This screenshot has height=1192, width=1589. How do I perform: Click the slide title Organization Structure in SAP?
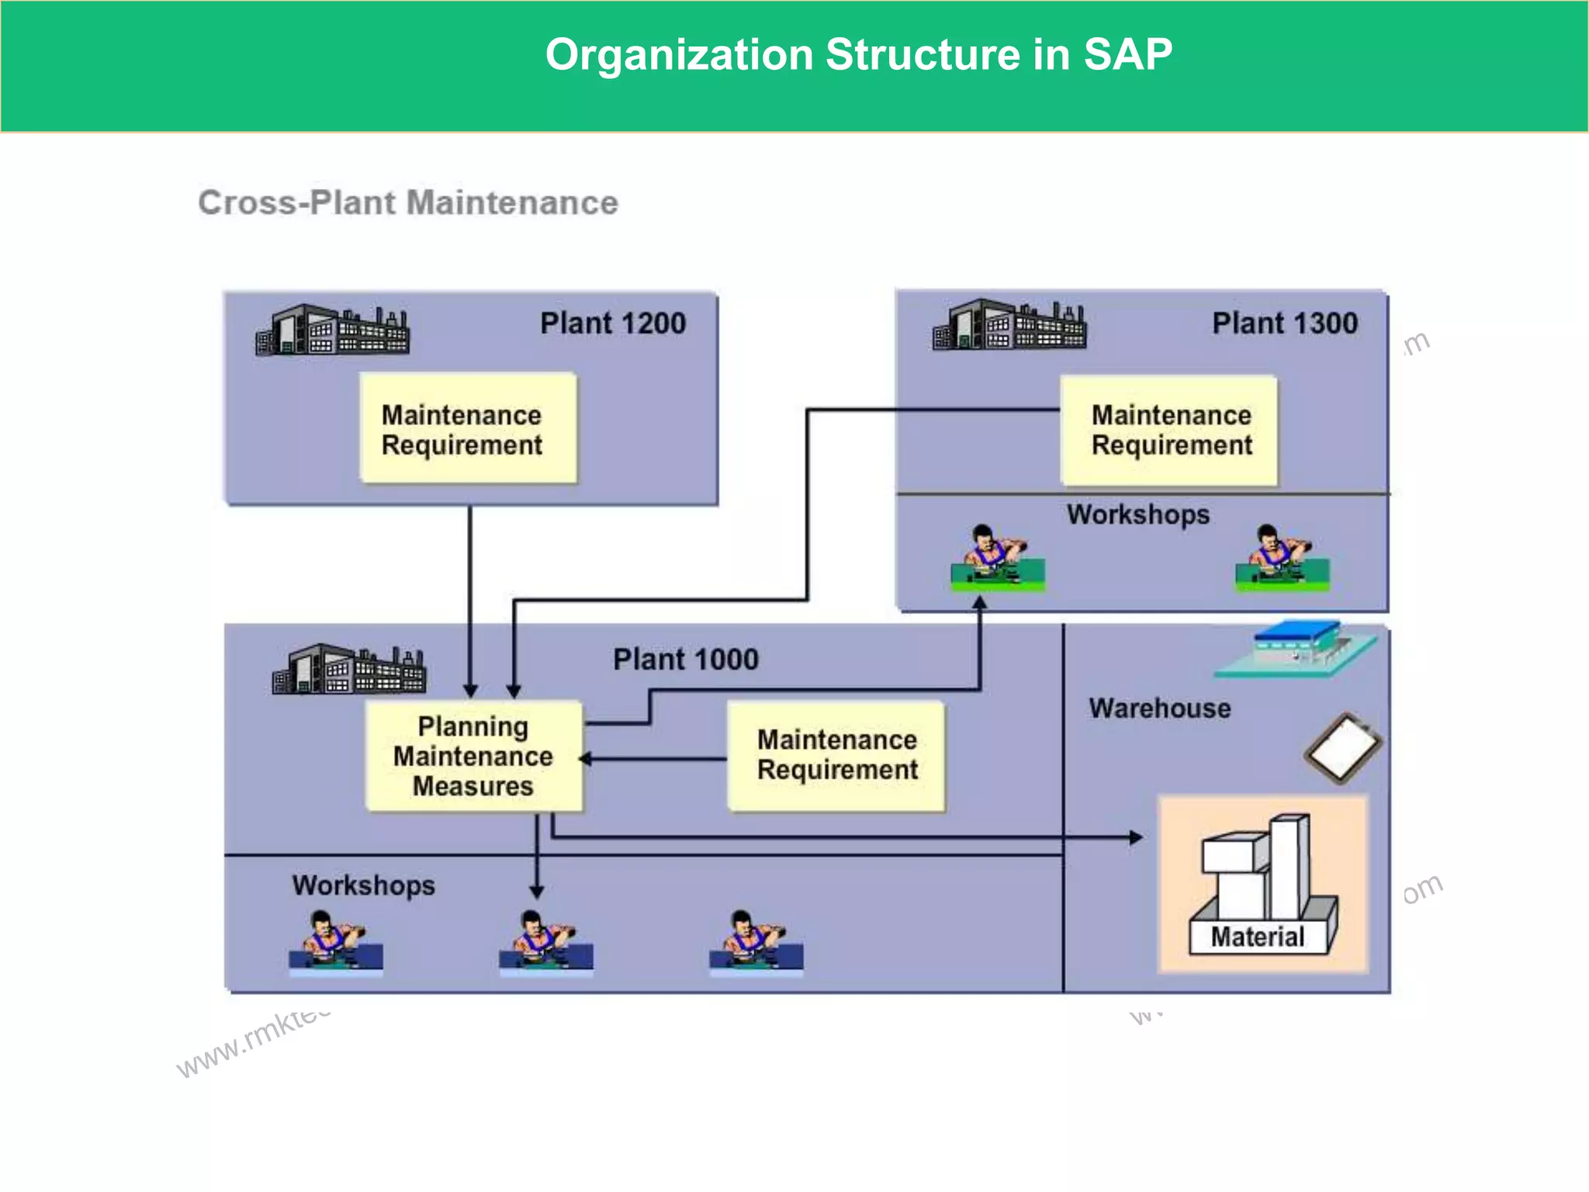pyautogui.click(x=858, y=55)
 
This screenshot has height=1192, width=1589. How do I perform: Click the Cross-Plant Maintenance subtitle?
pyautogui.click(x=408, y=203)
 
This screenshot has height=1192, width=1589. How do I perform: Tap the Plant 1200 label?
pyautogui.click(x=613, y=324)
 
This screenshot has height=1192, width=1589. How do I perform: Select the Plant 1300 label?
pyautogui.click(x=1285, y=324)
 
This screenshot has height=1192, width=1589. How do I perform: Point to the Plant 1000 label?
pyautogui.click(x=686, y=660)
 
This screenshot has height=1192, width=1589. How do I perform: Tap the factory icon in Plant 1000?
pyautogui.click(x=349, y=670)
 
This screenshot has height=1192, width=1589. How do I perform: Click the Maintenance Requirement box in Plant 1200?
pyautogui.click(x=469, y=429)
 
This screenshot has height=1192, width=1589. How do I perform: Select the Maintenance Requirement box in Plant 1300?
pyautogui.click(x=1170, y=431)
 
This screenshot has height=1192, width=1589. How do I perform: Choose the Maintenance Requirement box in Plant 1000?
pyautogui.click(x=836, y=755)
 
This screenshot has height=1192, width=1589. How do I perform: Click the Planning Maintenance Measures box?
pyautogui.click(x=473, y=757)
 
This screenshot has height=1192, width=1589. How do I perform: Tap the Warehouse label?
pyautogui.click(x=1159, y=709)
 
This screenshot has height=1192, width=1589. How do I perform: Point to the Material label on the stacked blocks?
pyautogui.click(x=1257, y=937)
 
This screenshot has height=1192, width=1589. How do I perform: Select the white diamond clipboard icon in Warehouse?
pyautogui.click(x=1343, y=748)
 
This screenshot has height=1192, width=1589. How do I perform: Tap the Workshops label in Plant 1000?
pyautogui.click(x=363, y=885)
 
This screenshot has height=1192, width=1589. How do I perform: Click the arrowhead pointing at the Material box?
pyautogui.click(x=1136, y=837)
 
